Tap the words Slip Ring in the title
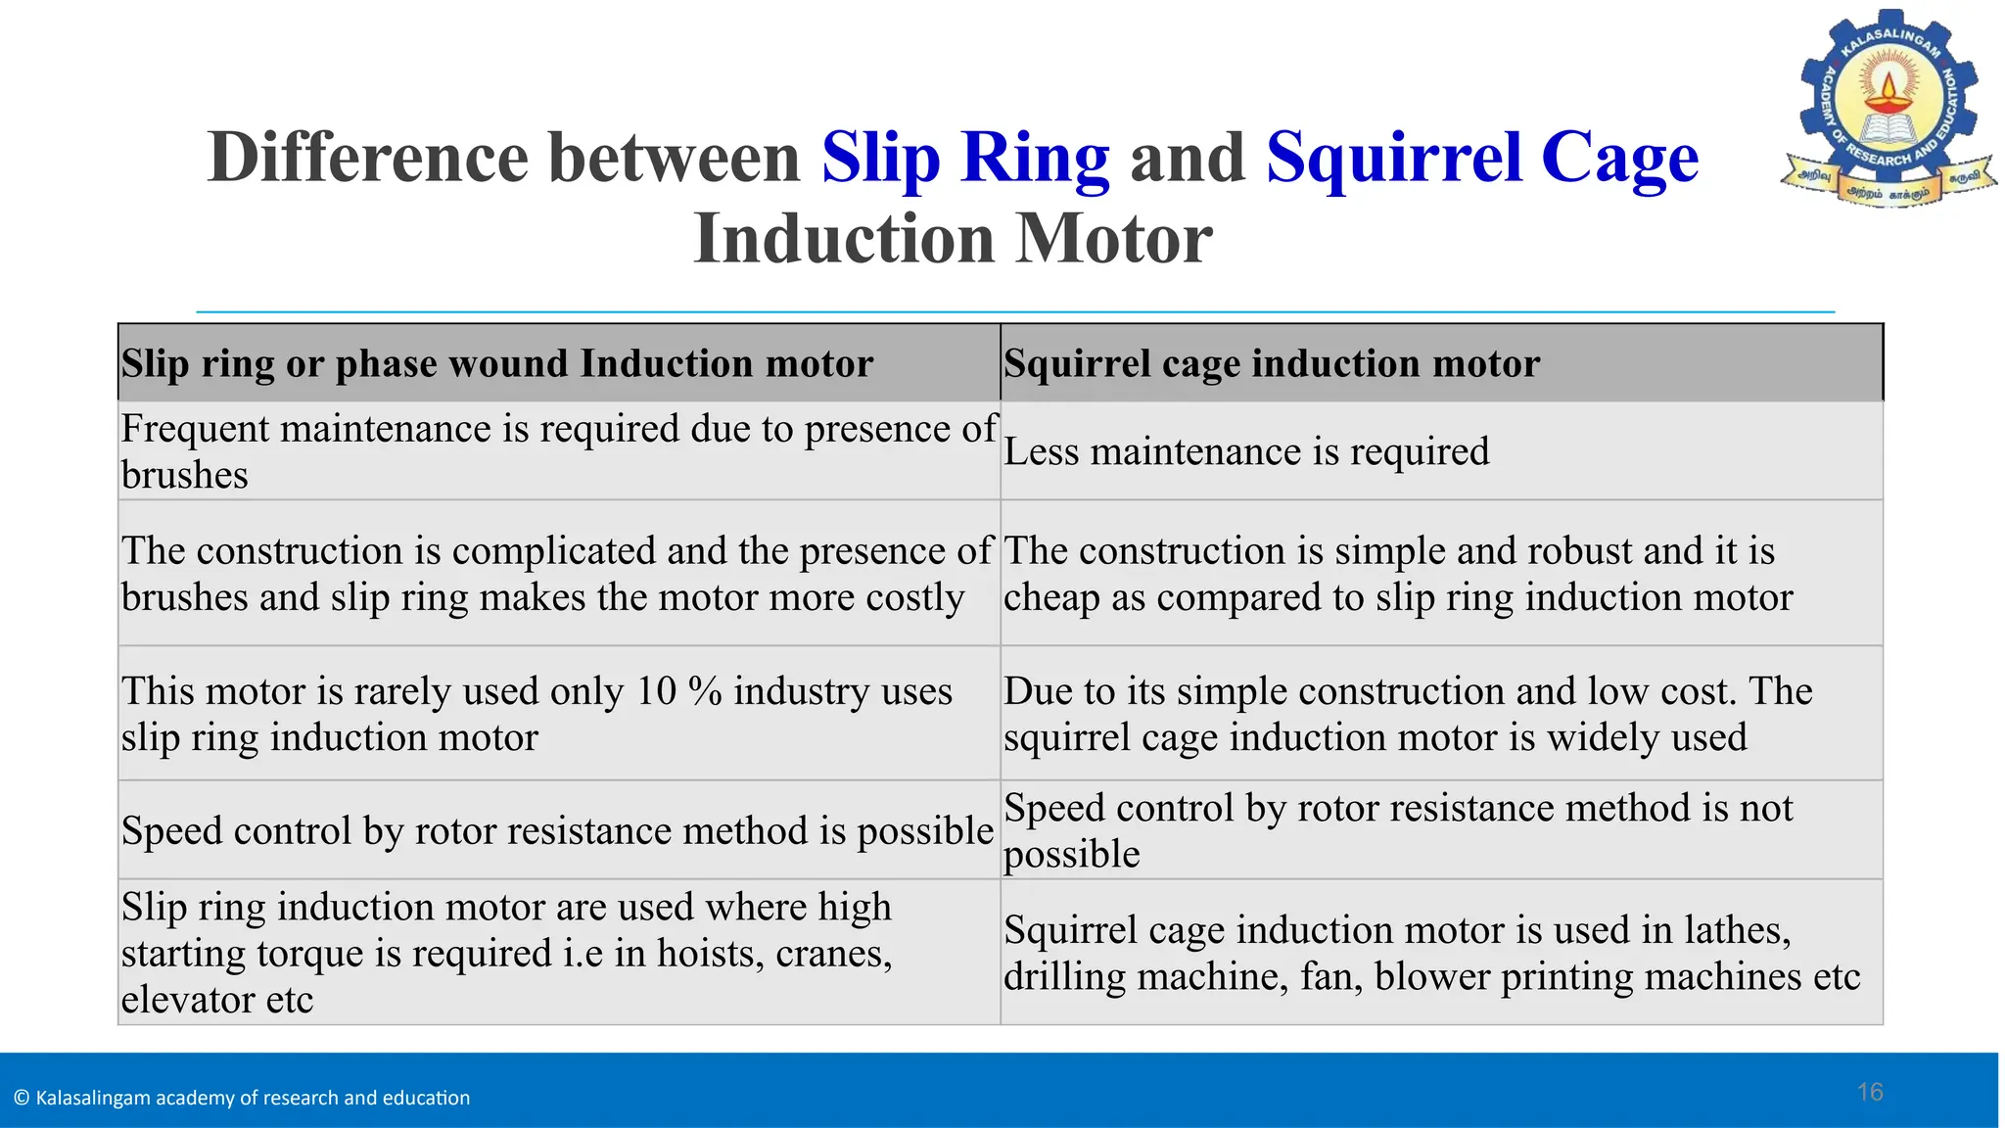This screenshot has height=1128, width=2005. (x=965, y=158)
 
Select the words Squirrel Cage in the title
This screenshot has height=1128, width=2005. (x=1482, y=158)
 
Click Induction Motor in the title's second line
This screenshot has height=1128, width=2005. (x=953, y=239)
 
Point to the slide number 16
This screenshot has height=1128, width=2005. (x=1870, y=1092)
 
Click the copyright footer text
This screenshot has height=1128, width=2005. (x=243, y=1098)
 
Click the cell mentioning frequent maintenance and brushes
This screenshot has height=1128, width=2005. (x=558, y=451)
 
